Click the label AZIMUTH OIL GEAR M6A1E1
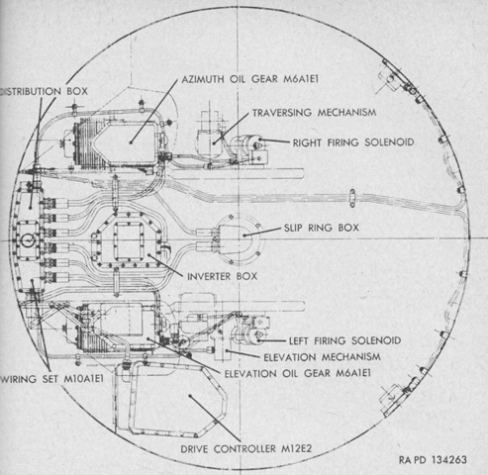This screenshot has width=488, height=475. point(250,79)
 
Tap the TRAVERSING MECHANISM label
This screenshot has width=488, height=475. point(314,113)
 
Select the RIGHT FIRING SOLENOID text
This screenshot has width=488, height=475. point(353,142)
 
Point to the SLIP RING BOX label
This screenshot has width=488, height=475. point(322,228)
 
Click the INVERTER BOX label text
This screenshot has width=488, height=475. point(222,276)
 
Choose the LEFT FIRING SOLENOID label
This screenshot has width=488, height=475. point(345,340)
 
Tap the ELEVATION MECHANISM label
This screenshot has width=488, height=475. point(322,357)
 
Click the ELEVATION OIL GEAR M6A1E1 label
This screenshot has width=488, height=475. point(298,373)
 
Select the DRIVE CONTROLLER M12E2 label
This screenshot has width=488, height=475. point(246,448)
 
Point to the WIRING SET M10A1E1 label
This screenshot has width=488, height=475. point(51,379)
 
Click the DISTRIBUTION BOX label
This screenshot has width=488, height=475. point(44,91)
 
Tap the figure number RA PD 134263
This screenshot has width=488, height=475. point(433,459)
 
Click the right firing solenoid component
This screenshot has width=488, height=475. point(250,143)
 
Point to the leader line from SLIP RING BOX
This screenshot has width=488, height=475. point(262,232)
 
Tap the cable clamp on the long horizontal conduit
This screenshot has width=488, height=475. point(352,198)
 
